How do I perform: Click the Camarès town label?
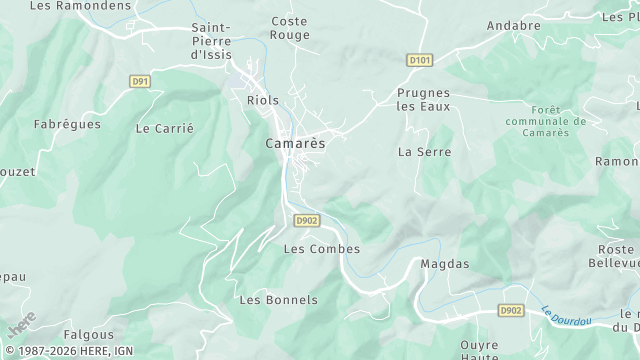point(295,144)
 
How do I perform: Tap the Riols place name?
point(263,100)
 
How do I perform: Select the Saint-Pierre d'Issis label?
point(211,41)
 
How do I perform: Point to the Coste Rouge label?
point(290,27)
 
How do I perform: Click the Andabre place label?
point(513,25)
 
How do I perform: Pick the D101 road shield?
point(420,61)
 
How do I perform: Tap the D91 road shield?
point(140,81)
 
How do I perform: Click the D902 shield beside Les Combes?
point(307,221)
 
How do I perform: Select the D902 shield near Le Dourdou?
point(511,311)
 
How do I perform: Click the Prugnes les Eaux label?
point(423,99)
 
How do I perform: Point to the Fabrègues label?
point(67,124)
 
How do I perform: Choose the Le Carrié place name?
point(164,128)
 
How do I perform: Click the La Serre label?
point(424,152)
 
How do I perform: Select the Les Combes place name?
point(322,249)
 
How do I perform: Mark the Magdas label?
point(445,264)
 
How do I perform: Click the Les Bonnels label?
point(279,300)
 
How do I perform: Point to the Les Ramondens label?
point(67,5)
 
